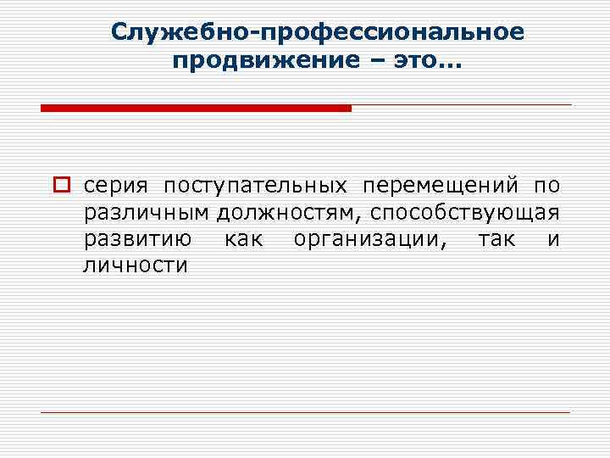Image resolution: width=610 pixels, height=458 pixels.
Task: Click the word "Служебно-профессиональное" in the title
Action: pyautogui.click(x=318, y=32)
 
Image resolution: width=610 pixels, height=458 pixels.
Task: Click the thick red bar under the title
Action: pyautogui.click(x=196, y=108)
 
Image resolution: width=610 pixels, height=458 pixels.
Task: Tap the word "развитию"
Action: pyautogui.click(x=136, y=239)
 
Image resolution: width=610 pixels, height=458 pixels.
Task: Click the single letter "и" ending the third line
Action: pyautogui.click(x=553, y=239)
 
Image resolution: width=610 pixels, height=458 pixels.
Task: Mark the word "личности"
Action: pyautogui.click(x=134, y=265)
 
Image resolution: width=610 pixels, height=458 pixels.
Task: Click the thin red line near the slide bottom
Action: pyautogui.click(x=305, y=412)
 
